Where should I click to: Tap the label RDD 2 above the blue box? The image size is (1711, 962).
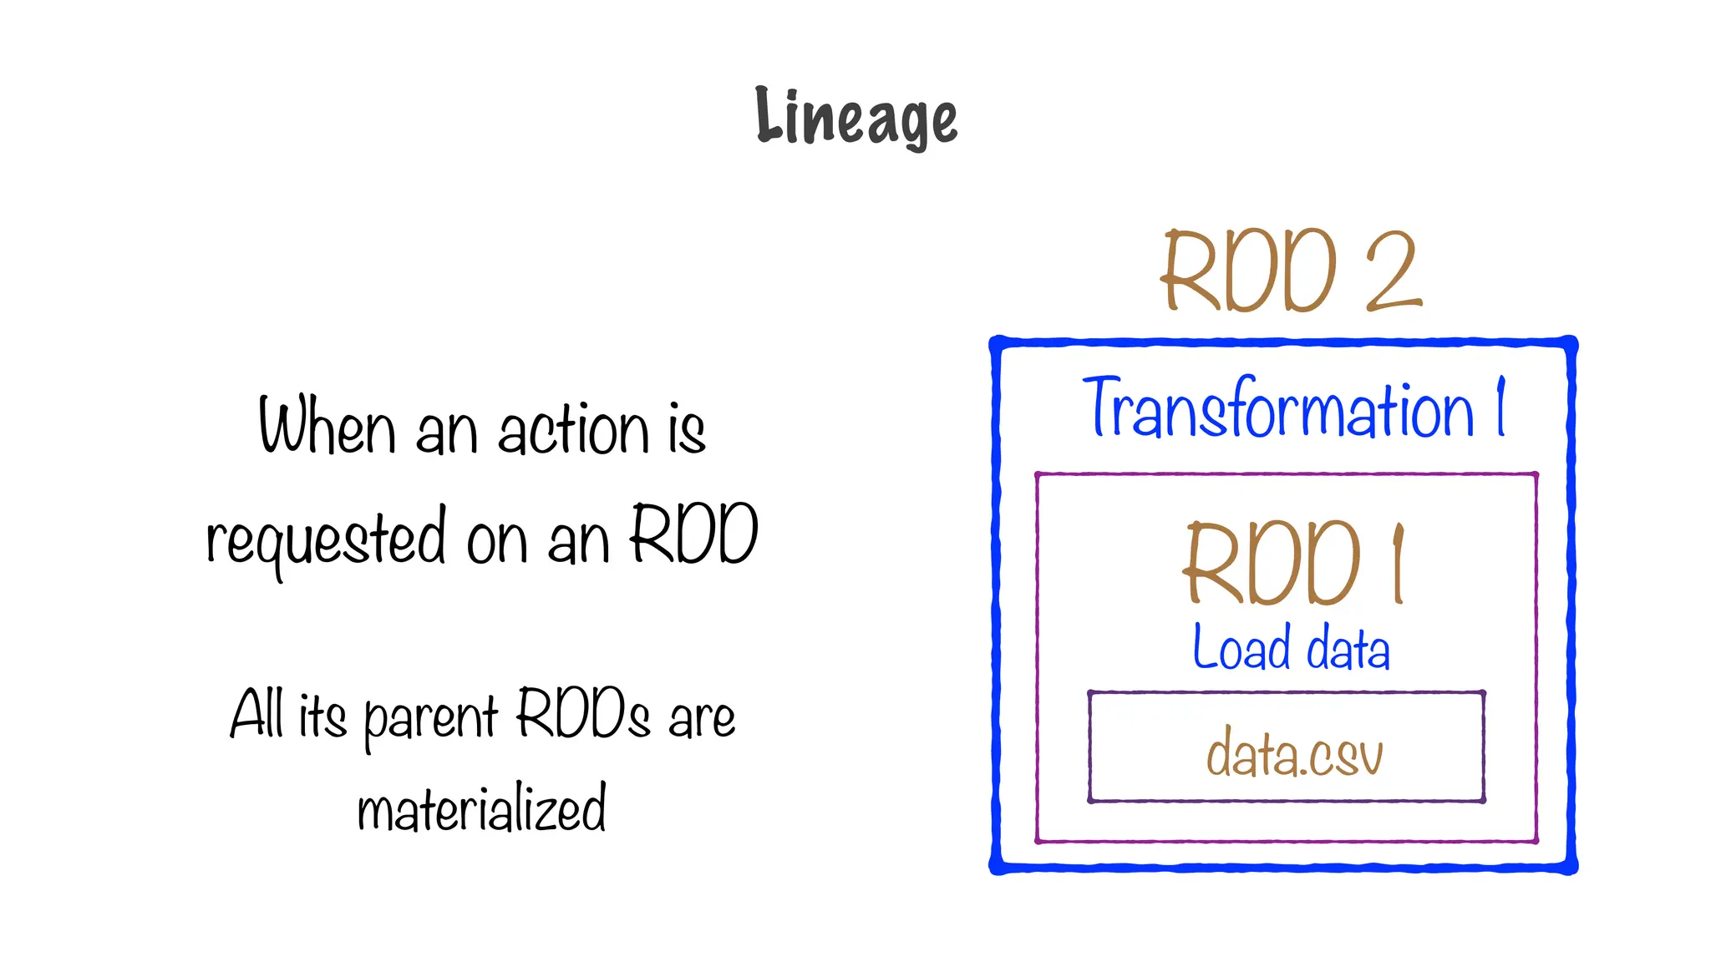click(1291, 271)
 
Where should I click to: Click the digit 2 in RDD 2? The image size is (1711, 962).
click(1393, 271)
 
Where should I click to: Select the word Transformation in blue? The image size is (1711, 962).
click(1278, 409)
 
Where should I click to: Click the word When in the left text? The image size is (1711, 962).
click(327, 427)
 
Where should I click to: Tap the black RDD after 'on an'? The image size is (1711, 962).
click(693, 534)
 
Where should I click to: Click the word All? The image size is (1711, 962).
click(256, 715)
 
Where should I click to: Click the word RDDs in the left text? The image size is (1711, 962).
click(582, 714)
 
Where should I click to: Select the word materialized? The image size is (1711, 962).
click(481, 808)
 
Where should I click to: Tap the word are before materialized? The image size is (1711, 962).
click(702, 718)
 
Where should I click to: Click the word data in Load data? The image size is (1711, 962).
click(1348, 649)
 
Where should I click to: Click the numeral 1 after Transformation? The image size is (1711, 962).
click(1500, 407)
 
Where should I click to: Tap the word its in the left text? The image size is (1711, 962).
click(322, 716)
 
